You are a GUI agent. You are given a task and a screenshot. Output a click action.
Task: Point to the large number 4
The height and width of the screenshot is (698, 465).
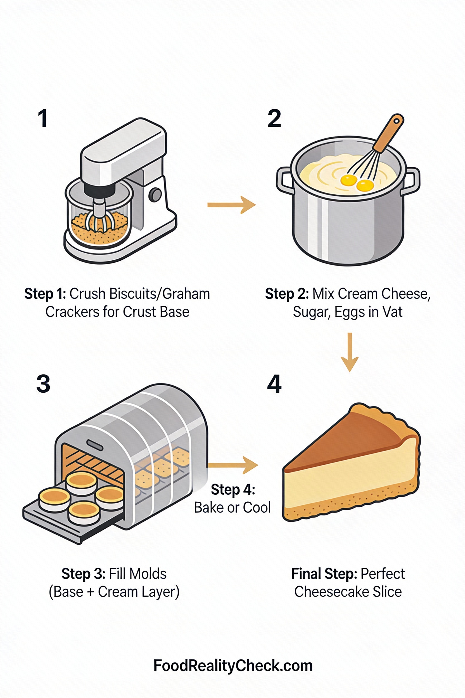tap(274, 383)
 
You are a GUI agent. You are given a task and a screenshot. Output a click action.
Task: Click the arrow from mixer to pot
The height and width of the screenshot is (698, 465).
tap(232, 205)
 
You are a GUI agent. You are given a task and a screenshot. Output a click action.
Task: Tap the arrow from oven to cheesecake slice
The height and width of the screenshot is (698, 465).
tap(233, 465)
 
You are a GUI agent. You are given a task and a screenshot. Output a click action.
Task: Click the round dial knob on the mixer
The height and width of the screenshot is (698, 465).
tap(155, 195)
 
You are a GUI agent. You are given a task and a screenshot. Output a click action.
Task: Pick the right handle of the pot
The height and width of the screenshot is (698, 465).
tap(412, 181)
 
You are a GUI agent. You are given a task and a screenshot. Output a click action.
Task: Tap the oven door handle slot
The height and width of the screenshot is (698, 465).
tap(95, 445)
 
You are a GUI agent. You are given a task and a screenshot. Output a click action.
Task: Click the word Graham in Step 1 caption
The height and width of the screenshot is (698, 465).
tap(186, 294)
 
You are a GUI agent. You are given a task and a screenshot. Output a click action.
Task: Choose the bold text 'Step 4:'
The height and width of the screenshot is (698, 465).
tap(233, 489)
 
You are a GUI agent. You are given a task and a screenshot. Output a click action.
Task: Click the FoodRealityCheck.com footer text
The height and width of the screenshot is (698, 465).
tap(233, 665)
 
